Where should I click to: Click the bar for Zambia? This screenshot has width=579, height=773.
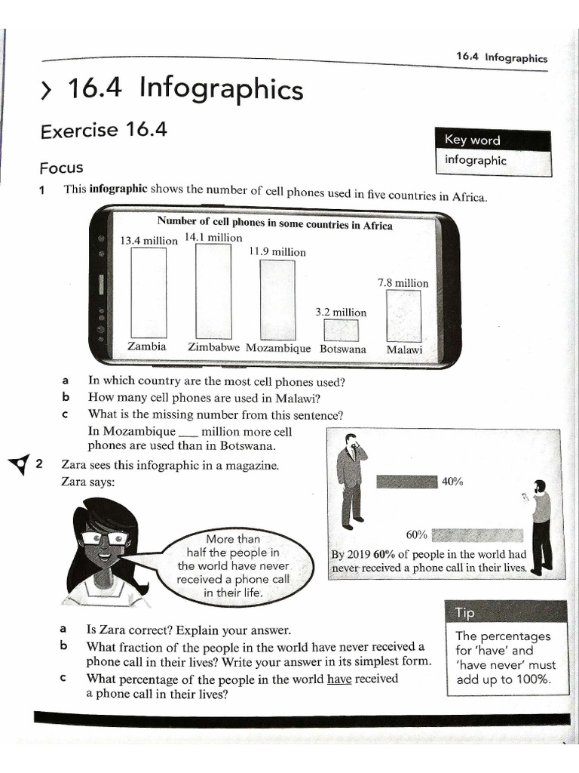point(148,292)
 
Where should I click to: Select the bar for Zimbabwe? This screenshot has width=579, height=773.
point(213,291)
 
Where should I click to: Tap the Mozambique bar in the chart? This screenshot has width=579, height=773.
point(277,300)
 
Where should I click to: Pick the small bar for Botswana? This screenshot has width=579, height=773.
point(341,331)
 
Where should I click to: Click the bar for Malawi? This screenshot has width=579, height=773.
point(403,316)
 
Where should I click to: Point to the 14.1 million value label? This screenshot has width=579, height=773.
point(214,238)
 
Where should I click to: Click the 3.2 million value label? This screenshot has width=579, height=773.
point(341,313)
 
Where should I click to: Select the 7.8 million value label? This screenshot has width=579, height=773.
point(403,283)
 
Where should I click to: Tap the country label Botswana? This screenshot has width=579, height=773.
point(343,350)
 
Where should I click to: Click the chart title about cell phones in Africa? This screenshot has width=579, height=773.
point(274,224)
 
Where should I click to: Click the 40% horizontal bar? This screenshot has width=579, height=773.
point(406,482)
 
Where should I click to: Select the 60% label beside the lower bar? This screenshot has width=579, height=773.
point(417,535)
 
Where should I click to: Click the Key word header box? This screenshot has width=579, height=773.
point(493,140)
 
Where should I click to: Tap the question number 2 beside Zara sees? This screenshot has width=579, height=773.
point(39,465)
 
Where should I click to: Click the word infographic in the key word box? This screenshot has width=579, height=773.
point(476,161)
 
